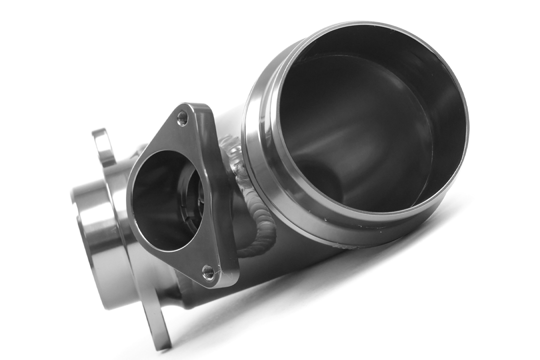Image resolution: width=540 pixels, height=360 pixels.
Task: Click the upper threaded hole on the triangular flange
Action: coord(183,118)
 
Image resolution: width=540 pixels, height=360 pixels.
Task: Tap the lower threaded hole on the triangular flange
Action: coord(208,272)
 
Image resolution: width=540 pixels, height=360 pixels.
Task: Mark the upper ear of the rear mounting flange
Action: coord(102,145)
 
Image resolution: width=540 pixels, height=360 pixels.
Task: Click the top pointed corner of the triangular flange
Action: coord(192,106)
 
